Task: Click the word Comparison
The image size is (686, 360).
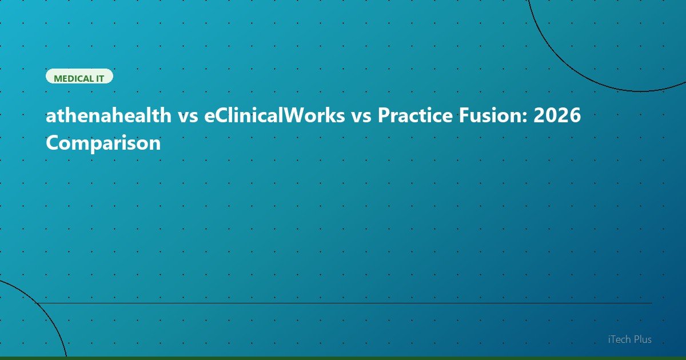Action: pyautogui.click(x=103, y=143)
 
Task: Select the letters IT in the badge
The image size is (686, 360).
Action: pyautogui.click(x=99, y=78)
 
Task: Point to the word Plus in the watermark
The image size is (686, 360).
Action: pyautogui.click(x=643, y=339)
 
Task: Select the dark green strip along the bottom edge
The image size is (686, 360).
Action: pyautogui.click(x=343, y=358)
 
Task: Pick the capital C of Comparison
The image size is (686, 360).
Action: pyautogui.click(x=53, y=143)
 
